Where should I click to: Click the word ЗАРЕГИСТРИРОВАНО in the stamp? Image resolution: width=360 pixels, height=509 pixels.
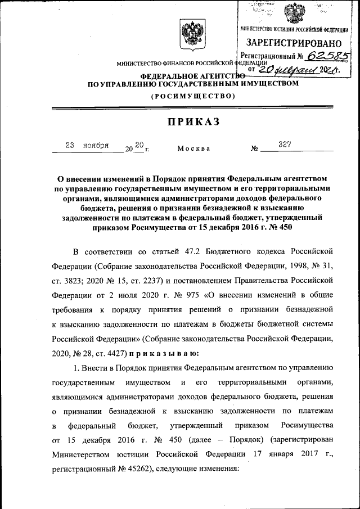[x=294, y=43]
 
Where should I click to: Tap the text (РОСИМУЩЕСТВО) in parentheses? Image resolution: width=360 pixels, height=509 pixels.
[x=192, y=97]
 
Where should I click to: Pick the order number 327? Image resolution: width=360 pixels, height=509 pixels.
[x=284, y=145]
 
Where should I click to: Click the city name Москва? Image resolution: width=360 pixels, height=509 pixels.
[x=193, y=148]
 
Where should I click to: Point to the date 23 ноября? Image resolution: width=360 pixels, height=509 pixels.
[x=87, y=145]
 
